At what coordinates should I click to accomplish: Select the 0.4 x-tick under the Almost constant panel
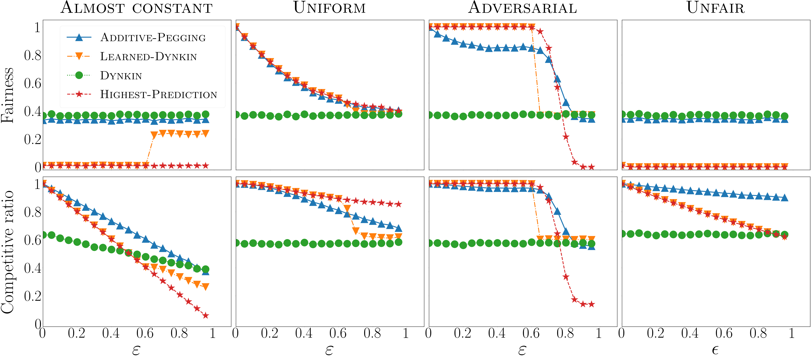tap(111, 333)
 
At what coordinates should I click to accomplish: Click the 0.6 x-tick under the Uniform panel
tap(338, 333)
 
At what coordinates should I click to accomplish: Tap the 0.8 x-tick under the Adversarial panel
tap(565, 333)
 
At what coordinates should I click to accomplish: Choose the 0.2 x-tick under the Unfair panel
tap(655, 333)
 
